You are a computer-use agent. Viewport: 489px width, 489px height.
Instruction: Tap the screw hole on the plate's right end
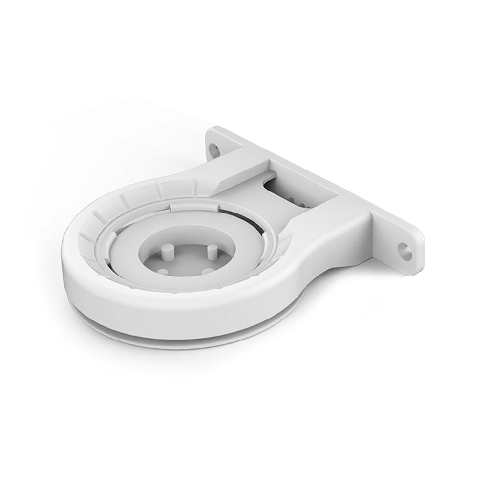pos(404,251)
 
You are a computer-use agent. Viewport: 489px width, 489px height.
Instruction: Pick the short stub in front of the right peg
pos(208,270)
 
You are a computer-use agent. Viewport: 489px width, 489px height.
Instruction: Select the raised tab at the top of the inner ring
pos(195,208)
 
